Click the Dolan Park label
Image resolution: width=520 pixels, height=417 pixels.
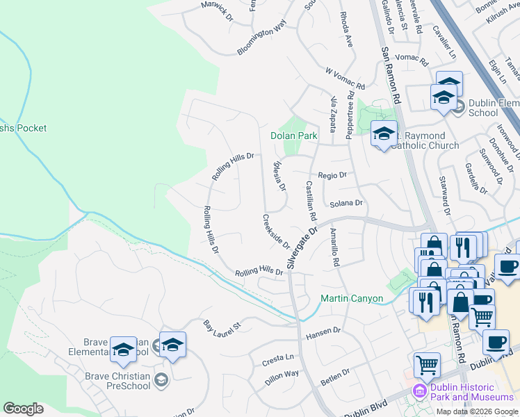[293, 136]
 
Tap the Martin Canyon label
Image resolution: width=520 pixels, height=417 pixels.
[352, 299]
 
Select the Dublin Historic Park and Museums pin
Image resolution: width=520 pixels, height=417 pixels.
[419, 391]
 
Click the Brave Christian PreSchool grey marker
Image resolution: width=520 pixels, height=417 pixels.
[161, 379]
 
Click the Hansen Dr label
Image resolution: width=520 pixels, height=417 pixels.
[323, 334]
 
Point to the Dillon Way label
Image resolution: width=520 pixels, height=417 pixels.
[282, 378]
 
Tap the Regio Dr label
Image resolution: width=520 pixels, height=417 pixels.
[332, 176]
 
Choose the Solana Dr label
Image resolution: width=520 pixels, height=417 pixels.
[346, 204]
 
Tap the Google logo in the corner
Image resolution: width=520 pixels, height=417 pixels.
[23, 409]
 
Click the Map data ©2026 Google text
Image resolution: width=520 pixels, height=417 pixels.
[477, 411]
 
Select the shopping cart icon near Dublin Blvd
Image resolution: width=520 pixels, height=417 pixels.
[427, 364]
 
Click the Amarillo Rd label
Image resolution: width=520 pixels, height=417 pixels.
[334, 249]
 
